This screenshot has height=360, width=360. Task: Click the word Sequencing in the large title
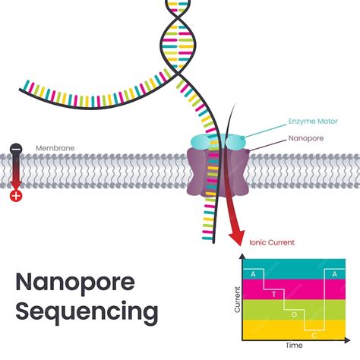coord(87,311)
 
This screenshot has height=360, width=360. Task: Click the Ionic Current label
coord(272,243)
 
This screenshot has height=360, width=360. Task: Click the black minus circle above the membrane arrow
coord(14,149)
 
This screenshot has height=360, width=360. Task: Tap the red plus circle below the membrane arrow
coord(14,196)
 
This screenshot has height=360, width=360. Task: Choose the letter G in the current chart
coord(293,311)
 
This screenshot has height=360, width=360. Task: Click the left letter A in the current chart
coord(253,272)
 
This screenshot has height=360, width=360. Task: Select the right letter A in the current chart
coord(334,272)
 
